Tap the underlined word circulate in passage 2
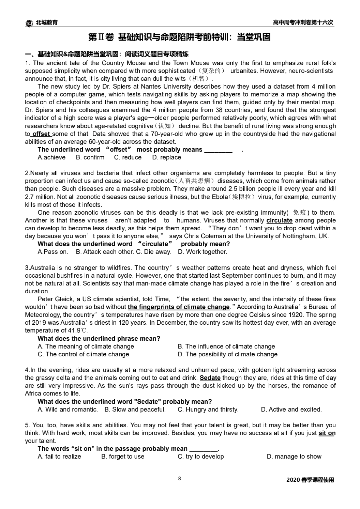pos(279,220)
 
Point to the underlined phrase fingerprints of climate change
pos(179,307)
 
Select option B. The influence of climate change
pos(226,346)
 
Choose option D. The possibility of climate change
pos(227,354)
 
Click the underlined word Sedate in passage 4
pos(210,378)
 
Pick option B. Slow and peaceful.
pos(135,410)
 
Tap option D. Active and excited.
pos(291,410)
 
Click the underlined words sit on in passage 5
pos(327,433)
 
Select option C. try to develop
pos(200,457)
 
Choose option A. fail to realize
pos(59,457)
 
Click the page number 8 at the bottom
pos(179,478)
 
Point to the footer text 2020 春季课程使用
pos(310,480)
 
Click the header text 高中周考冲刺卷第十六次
pos(303,22)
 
